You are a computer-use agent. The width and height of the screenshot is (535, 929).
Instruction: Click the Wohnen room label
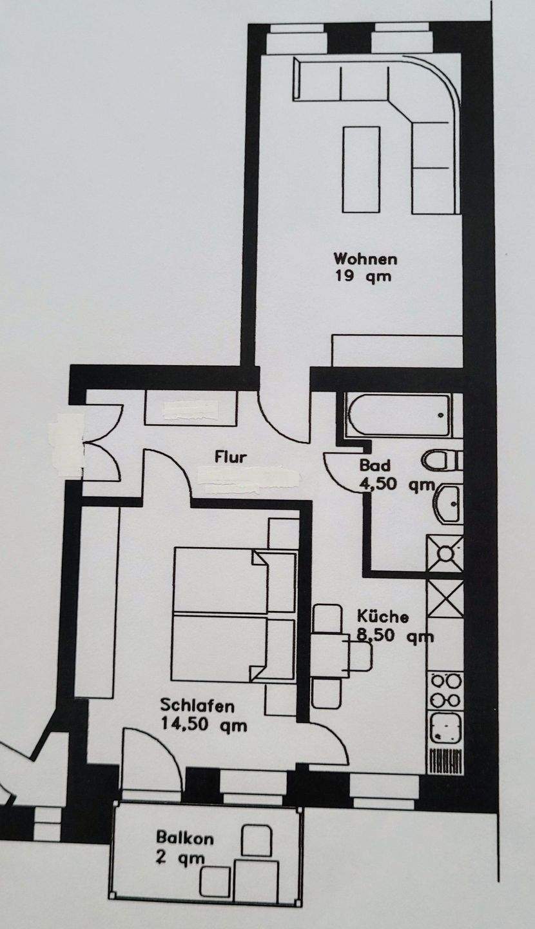click(x=364, y=259)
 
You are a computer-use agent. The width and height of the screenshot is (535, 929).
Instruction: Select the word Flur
click(x=231, y=458)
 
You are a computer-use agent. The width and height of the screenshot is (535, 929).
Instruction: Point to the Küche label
click(x=383, y=616)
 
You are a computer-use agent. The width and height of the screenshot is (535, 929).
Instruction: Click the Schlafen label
click(x=197, y=706)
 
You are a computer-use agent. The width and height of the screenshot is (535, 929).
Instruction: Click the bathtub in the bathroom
click(x=398, y=414)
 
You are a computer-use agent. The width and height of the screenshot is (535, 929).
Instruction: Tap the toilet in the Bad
click(x=441, y=461)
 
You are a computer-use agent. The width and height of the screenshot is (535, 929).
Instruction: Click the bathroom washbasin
click(x=447, y=502)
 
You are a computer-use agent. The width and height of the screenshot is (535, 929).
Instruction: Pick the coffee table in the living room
click(x=361, y=169)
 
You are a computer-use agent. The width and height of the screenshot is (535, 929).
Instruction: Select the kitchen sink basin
click(x=445, y=728)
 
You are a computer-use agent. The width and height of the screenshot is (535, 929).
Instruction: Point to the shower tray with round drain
click(x=445, y=553)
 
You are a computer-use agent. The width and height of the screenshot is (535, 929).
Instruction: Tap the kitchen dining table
click(x=329, y=655)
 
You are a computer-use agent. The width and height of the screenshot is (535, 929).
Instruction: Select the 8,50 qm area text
click(x=394, y=636)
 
